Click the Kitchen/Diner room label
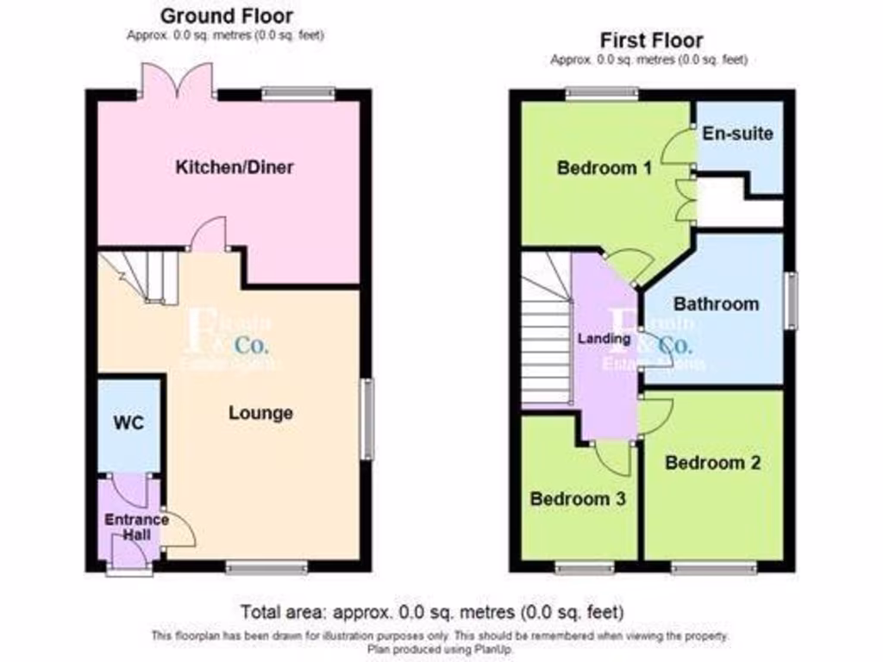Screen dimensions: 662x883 tap(235, 167)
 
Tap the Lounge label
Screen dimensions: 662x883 tap(260, 413)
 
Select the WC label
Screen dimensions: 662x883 tap(128, 423)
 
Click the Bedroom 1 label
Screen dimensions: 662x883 tap(604, 168)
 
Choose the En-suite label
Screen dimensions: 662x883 tap(737, 134)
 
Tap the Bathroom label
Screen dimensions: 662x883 tap(716, 303)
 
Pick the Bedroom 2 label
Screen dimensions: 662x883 tap(712, 463)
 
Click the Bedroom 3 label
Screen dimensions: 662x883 tap(576, 498)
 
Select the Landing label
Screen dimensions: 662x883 tap(604, 339)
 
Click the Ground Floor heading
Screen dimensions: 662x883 tap(227, 16)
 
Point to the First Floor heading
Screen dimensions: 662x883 tap(651, 40)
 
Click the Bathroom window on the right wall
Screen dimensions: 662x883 tap(790, 300)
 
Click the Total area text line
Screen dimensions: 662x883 tap(432, 613)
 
